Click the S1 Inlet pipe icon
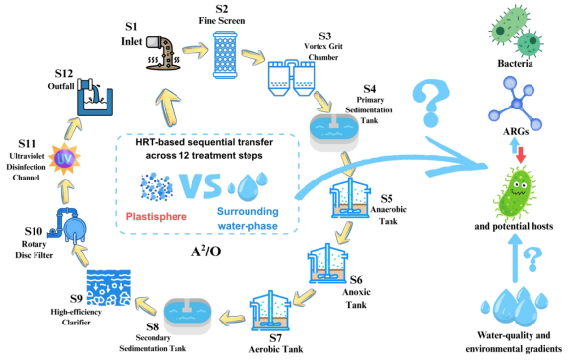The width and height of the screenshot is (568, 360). point(163,52)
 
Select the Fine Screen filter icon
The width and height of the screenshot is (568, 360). point(225,54)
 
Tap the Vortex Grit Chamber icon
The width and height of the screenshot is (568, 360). point(292,78)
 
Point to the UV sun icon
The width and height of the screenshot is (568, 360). point(64,159)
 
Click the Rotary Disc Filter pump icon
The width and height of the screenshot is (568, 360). point(67,225)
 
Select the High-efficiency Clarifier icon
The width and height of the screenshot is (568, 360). point(108,288)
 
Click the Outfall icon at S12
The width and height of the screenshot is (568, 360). point(96,97)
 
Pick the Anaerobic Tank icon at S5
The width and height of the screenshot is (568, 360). point(350,197)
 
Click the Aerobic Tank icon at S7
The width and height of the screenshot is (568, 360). point(271,311)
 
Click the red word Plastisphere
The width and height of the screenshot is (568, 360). point(157,217)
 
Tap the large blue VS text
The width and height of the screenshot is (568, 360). point(200,185)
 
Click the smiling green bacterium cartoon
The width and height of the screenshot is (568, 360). point(516,192)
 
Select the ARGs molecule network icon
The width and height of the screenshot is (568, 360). point(515,104)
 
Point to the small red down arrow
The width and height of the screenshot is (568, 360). point(521,155)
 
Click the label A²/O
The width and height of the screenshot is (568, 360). point(206,251)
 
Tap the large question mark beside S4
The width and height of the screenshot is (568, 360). point(431,104)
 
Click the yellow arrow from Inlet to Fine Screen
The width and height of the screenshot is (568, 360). point(196,50)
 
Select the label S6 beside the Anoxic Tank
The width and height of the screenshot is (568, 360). point(356,279)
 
